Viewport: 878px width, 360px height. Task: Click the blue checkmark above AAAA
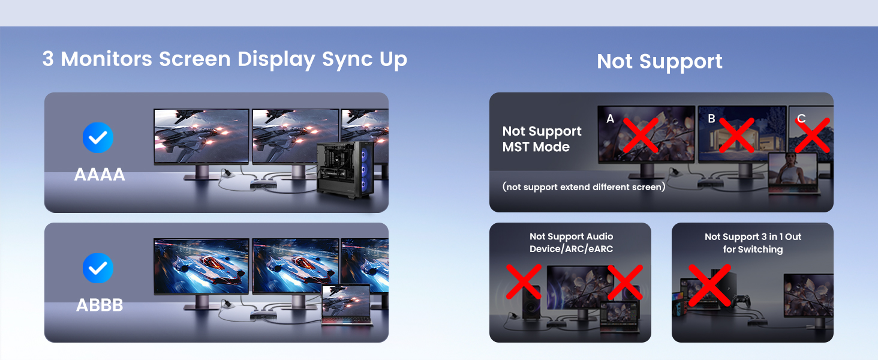click(x=98, y=137)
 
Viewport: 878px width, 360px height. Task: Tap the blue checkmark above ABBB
click(x=98, y=268)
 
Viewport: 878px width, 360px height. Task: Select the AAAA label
click(x=100, y=175)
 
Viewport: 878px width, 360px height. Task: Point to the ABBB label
click(x=100, y=305)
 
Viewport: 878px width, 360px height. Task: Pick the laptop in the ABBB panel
click(x=347, y=305)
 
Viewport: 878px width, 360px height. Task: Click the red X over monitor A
click(x=641, y=135)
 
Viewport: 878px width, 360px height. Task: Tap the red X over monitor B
click(x=736, y=135)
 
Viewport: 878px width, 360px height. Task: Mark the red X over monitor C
click(x=812, y=135)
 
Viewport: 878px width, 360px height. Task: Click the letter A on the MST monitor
click(x=611, y=119)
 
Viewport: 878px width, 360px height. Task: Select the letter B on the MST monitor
click(x=712, y=119)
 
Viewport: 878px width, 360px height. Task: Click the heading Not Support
click(x=660, y=61)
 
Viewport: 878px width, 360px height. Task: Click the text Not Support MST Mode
click(x=542, y=139)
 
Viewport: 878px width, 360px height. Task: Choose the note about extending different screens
click(x=584, y=187)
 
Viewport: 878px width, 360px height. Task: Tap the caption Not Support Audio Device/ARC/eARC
click(x=571, y=242)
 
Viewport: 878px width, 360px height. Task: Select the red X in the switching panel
click(x=709, y=285)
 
